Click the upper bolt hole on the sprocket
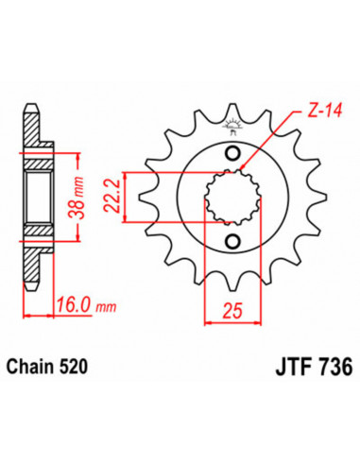click(x=232, y=152)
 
